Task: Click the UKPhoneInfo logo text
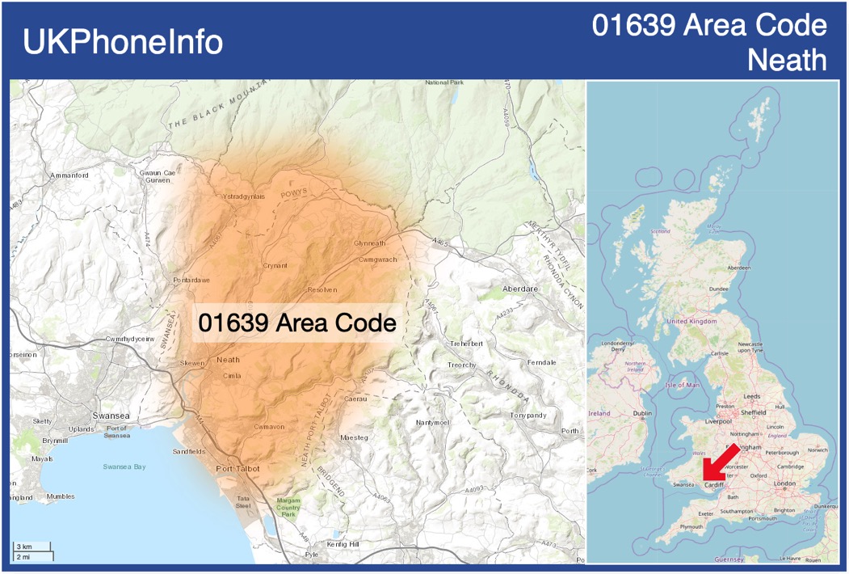click(123, 42)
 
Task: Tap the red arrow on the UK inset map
click(719, 464)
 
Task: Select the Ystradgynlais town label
click(243, 196)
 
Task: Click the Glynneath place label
click(370, 243)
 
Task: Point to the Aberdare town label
click(520, 289)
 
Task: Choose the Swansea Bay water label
click(124, 466)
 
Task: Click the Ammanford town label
click(69, 175)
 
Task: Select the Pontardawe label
click(191, 280)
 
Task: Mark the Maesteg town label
click(355, 437)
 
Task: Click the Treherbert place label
click(466, 344)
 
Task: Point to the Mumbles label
click(61, 496)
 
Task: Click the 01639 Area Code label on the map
click(297, 323)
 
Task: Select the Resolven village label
click(322, 289)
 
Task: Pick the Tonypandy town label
click(528, 416)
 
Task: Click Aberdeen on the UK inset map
click(738, 268)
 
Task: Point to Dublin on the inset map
click(643, 413)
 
